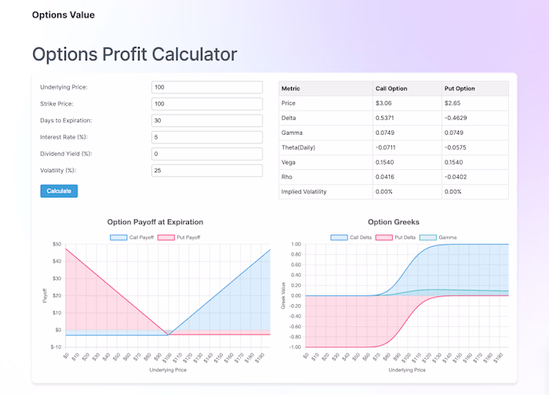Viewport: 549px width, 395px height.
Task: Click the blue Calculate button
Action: click(59, 190)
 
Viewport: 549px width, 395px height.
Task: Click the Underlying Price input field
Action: click(206, 87)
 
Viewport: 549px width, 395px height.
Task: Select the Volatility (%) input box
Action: click(206, 170)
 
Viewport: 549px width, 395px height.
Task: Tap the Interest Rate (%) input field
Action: click(206, 137)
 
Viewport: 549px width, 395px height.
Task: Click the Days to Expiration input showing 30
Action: click(206, 121)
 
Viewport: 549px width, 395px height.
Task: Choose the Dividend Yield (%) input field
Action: click(206, 154)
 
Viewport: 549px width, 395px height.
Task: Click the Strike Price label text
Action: click(57, 103)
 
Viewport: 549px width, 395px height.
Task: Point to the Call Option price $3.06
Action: click(384, 103)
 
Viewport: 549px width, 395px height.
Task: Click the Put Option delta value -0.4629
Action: click(458, 118)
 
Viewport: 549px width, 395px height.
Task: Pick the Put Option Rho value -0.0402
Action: click(458, 176)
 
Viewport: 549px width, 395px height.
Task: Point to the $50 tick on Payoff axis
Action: click(56, 245)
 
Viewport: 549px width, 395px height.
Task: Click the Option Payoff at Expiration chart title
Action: click(155, 223)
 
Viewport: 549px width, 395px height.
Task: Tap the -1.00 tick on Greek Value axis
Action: click(295, 347)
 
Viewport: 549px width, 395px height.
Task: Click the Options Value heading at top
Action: click(63, 15)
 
